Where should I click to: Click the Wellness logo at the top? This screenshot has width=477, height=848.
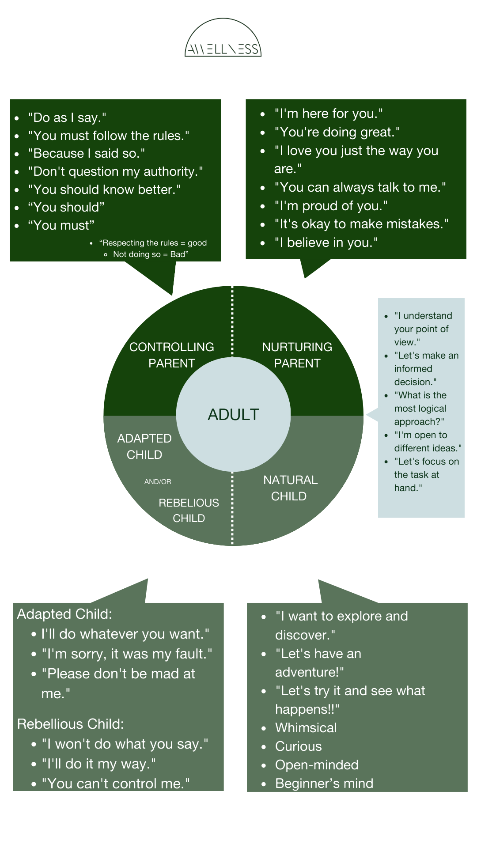[x=223, y=42]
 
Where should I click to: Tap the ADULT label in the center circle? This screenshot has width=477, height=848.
[x=233, y=415]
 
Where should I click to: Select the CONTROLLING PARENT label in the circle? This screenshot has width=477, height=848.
[x=172, y=355]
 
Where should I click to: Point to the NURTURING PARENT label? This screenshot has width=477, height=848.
[x=297, y=355]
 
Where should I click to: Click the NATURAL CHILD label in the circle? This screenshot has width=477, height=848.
[x=290, y=488]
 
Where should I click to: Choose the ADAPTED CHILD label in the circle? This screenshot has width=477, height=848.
[x=144, y=447]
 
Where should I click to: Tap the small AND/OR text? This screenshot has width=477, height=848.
[x=158, y=482]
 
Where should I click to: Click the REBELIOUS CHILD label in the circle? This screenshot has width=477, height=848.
[x=189, y=511]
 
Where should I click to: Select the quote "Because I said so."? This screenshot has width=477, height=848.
[x=87, y=154]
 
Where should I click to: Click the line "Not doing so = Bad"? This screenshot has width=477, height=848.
[x=150, y=254]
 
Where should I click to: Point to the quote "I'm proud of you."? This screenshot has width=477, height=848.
[x=331, y=206]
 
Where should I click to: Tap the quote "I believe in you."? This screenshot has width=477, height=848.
[x=326, y=242]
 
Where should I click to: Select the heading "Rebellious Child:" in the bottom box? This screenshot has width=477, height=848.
[x=70, y=724]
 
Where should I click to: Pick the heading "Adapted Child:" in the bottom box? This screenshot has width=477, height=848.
[x=64, y=614]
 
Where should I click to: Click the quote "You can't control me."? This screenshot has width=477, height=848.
[x=116, y=784]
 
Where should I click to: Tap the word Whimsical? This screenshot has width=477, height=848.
[x=306, y=728]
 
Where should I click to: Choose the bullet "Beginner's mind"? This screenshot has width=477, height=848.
[x=324, y=784]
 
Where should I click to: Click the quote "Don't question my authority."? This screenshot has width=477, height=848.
[x=115, y=171]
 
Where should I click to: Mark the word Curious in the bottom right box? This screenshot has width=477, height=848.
[x=298, y=746]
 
